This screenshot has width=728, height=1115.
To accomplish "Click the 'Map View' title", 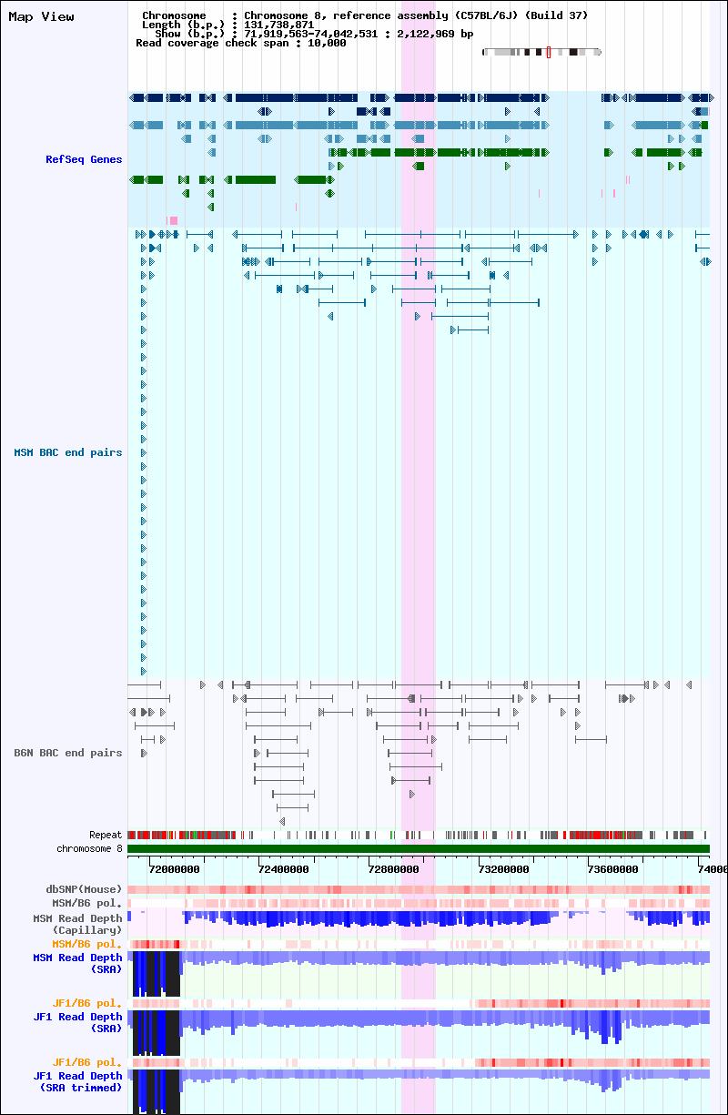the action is point(41,17).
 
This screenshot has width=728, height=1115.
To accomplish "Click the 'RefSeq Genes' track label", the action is point(84,159).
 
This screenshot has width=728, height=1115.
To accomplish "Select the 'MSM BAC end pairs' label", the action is point(68,452).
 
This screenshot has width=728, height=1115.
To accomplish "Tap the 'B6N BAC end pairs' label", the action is point(68,753).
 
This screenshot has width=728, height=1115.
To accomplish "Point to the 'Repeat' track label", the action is point(106,835).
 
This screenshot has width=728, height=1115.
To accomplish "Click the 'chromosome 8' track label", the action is point(89,848).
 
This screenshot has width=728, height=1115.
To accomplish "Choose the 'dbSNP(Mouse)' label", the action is point(84,889).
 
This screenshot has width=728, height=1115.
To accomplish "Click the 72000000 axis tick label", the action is point(174,869).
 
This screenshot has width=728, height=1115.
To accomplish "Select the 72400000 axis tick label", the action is point(284,869).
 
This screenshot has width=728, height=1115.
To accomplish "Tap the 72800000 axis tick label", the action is point(394,869).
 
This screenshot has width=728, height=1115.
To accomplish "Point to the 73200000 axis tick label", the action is point(503,869).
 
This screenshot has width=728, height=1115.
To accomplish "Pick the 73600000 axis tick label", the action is point(613,869).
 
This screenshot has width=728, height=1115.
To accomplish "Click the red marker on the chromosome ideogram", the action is point(549,52).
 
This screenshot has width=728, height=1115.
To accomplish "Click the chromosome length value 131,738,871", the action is point(278,25).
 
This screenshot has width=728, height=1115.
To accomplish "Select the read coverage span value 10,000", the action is point(327,44).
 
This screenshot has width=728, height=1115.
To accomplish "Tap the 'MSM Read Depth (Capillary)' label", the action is point(77,924).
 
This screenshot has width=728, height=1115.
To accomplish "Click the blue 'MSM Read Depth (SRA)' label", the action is point(77,963).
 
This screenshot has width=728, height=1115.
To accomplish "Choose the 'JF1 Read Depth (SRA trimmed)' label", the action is point(77,1081).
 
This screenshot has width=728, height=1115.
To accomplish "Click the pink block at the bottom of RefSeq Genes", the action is point(173,220).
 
